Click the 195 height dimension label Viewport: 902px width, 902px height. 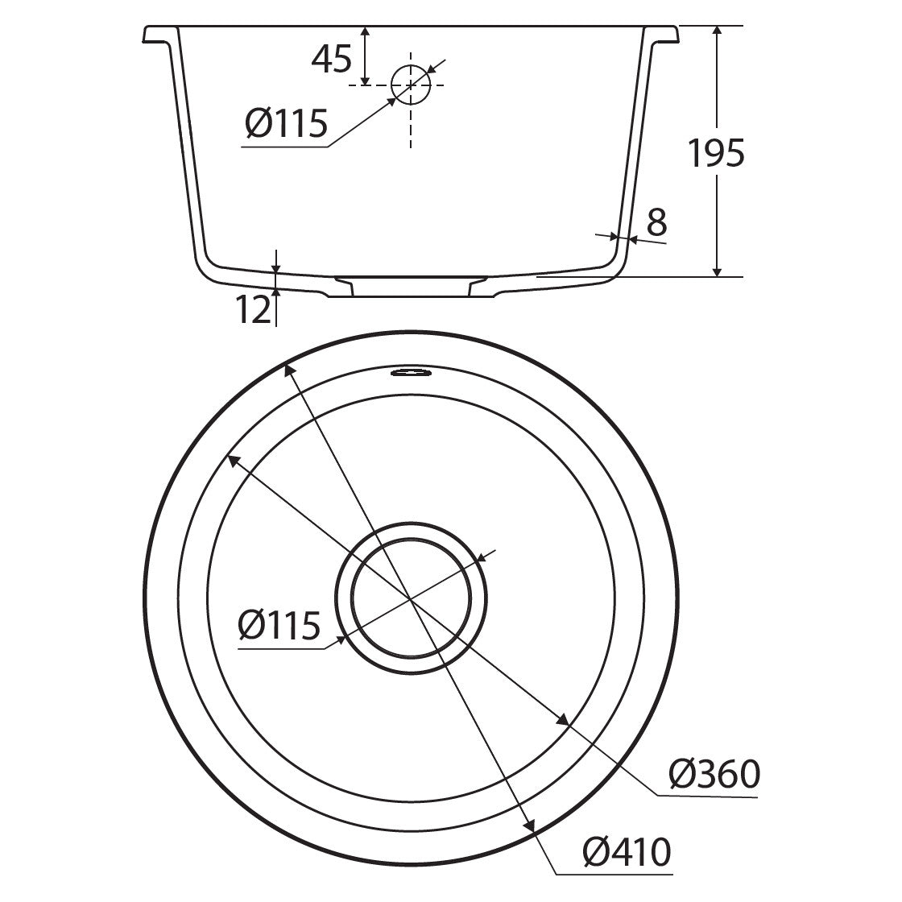(x=716, y=153)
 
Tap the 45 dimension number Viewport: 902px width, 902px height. (x=331, y=59)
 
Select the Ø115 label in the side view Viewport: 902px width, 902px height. (x=286, y=123)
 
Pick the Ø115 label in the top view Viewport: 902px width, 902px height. (x=279, y=625)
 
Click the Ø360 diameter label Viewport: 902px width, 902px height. (x=714, y=774)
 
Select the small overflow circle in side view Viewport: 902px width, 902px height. (x=411, y=85)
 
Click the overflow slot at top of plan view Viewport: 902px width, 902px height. (x=410, y=373)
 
